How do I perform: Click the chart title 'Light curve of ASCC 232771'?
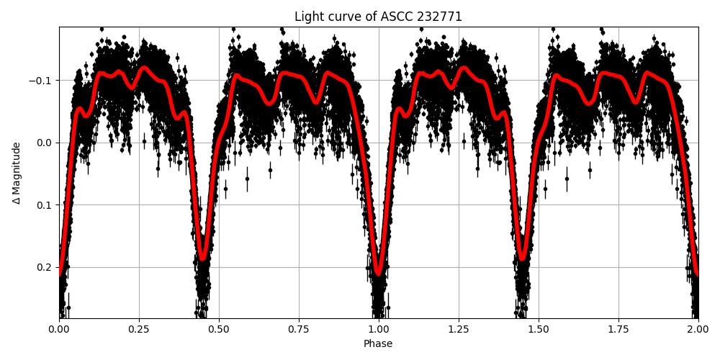[x=378, y=17]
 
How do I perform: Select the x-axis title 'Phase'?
[x=378, y=344]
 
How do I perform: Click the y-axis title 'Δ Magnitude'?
[x=17, y=173]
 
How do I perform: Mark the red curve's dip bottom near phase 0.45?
[x=202, y=258]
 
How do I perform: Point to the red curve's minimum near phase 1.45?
[x=522, y=258]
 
